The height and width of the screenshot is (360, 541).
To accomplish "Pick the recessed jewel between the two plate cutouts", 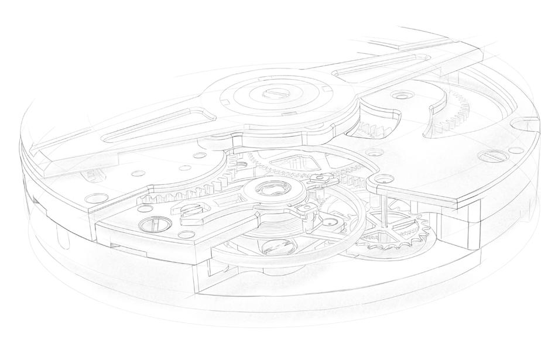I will click(402, 94).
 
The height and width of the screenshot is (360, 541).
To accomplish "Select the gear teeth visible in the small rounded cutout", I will click(375, 125).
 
